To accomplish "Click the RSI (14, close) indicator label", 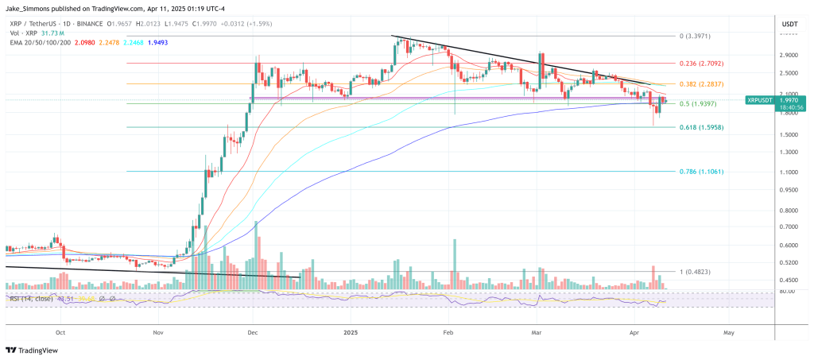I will (x=31, y=298).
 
